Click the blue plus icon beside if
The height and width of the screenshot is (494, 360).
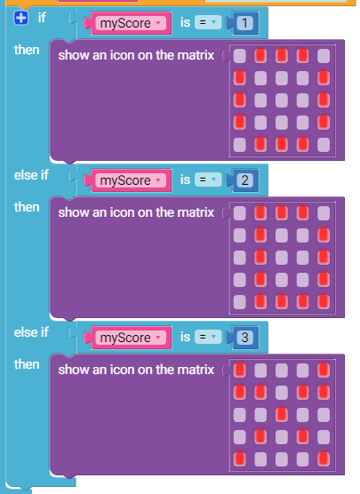point(20,18)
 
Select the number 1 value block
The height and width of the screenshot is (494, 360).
point(244,23)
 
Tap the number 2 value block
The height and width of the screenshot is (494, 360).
point(244,180)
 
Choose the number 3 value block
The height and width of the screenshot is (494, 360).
point(244,338)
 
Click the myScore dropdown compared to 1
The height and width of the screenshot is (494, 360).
point(131,23)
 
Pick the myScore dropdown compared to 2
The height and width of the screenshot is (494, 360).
point(131,180)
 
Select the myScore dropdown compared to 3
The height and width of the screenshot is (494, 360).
point(131,338)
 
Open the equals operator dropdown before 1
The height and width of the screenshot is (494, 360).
point(208,23)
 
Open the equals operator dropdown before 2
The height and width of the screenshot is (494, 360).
point(208,179)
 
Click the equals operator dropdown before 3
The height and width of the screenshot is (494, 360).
point(208,337)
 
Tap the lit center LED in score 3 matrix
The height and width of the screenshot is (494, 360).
point(282,415)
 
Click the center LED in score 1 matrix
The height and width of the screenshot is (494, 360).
point(282,100)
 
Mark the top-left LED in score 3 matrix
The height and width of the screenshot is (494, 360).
point(240,370)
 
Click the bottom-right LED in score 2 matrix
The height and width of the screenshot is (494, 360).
point(324,302)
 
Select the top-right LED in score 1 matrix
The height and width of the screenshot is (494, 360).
point(324,56)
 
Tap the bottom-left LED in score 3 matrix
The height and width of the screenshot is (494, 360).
point(240,459)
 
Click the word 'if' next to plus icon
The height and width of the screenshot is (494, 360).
point(42,18)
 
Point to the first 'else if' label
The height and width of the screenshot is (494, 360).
point(31,175)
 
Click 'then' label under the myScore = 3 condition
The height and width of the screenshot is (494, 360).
point(27,364)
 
